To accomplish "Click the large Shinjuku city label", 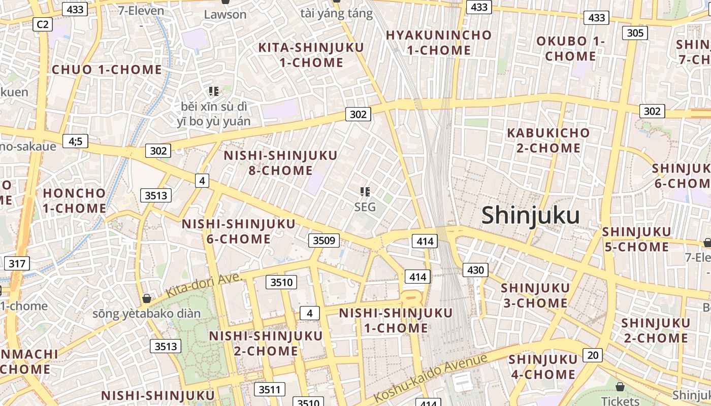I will pyautogui.click(x=530, y=215).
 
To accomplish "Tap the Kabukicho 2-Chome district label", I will pyautogui.click(x=548, y=141).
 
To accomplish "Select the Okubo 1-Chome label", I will pyautogui.click(x=570, y=48).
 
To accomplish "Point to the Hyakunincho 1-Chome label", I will pyautogui.click(x=439, y=43).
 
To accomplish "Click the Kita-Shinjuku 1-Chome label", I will pyautogui.click(x=311, y=55).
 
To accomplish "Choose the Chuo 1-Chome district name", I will pyautogui.click(x=107, y=70).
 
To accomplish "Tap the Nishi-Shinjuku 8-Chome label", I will pyautogui.click(x=280, y=162).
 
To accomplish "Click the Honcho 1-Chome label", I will pyautogui.click(x=75, y=200).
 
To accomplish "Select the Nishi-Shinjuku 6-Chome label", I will pyautogui.click(x=239, y=231).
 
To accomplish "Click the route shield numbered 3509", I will pyautogui.click(x=324, y=240).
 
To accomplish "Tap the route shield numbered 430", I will pyautogui.click(x=475, y=270).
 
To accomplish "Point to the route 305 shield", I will pyautogui.click(x=635, y=33).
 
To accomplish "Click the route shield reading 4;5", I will pyautogui.click(x=75, y=141).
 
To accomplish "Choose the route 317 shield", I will pyautogui.click(x=17, y=263).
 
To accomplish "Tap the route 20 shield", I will pyautogui.click(x=593, y=355).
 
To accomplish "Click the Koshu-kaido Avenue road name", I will pyautogui.click(x=431, y=378).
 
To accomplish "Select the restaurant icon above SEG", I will pyautogui.click(x=365, y=191).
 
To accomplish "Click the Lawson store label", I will pyautogui.click(x=225, y=14).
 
